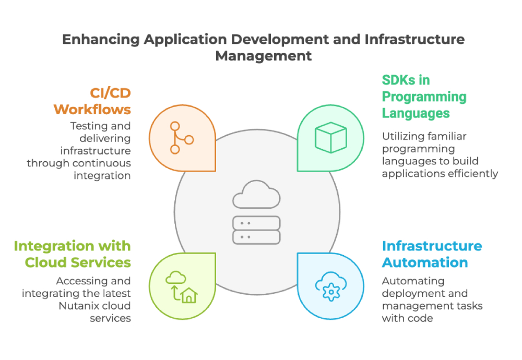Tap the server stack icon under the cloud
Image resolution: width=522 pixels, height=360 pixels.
(256, 230)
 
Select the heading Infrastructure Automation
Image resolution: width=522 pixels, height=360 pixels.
(432, 254)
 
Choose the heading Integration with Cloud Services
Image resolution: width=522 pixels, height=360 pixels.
(73, 254)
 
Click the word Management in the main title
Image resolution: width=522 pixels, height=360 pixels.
(264, 55)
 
